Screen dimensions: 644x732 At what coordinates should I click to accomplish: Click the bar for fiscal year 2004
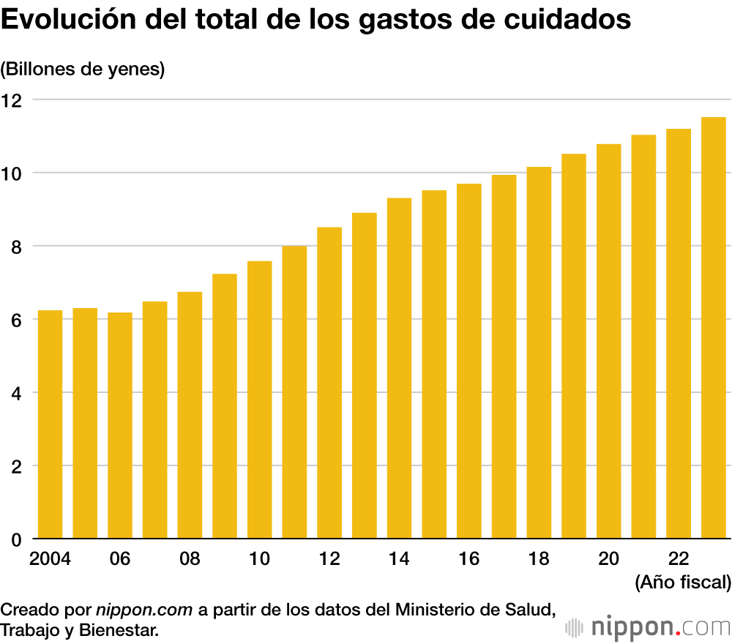[50, 424]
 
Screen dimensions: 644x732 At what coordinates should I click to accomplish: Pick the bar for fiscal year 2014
[399, 369]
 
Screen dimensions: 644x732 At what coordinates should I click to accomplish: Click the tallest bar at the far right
[714, 329]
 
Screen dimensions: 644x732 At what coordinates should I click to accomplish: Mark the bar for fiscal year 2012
[329, 383]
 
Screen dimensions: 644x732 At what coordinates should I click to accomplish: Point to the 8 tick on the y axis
[14, 247]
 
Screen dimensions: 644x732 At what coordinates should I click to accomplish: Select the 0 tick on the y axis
[14, 540]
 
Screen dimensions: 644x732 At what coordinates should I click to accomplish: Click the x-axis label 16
[469, 559]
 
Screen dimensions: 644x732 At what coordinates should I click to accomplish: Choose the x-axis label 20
[609, 559]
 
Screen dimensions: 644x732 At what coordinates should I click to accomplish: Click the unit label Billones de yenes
[83, 70]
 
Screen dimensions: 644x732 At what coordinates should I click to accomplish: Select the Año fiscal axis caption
[682, 583]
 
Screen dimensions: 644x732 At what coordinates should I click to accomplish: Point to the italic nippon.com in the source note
[144, 609]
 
